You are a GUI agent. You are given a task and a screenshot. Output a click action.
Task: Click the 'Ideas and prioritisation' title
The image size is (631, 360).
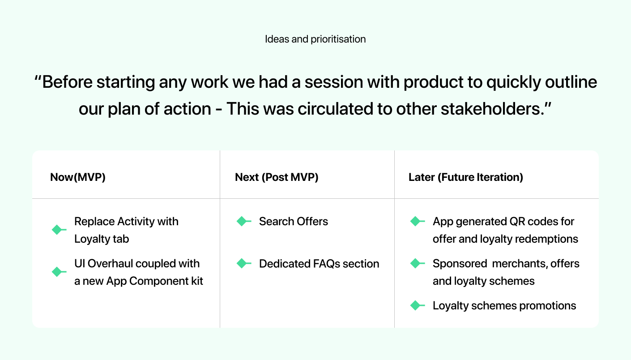pyautogui.click(x=315, y=39)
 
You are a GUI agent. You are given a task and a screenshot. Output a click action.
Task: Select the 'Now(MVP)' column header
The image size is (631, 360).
pyautogui.click(x=78, y=177)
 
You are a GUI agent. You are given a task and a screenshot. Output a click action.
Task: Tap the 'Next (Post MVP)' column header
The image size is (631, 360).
pyautogui.click(x=277, y=177)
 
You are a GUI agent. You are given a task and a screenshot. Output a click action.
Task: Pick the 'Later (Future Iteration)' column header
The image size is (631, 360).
pyautogui.click(x=465, y=177)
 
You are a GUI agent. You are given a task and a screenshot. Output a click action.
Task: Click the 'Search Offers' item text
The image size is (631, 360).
pyautogui.click(x=293, y=221)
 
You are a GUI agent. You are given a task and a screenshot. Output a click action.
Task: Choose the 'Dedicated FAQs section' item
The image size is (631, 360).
pyautogui.click(x=319, y=264)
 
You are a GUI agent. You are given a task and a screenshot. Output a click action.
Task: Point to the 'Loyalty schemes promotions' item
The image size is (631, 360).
pyautogui.click(x=504, y=306)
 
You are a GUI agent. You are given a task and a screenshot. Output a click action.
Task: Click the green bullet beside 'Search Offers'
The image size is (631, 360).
pyautogui.click(x=243, y=221)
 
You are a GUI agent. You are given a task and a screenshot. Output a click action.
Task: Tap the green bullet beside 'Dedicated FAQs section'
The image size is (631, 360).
pyautogui.click(x=243, y=264)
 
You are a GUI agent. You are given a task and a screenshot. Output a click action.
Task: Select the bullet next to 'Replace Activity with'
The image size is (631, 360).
pyautogui.click(x=58, y=230)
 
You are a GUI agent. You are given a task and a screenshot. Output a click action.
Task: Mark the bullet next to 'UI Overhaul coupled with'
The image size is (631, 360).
pyautogui.click(x=58, y=272)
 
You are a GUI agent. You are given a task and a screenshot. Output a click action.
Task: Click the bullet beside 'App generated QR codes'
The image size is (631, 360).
pyautogui.click(x=417, y=221)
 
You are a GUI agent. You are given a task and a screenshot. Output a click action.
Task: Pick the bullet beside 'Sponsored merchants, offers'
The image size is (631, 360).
pyautogui.click(x=417, y=264)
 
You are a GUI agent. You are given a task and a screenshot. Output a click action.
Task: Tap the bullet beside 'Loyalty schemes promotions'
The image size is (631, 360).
pyautogui.click(x=417, y=306)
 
